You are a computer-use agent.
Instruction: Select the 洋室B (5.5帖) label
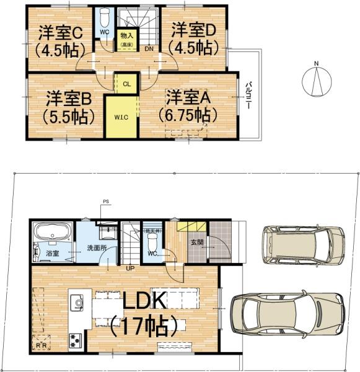(68, 106)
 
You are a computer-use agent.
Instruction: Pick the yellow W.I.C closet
(121, 117)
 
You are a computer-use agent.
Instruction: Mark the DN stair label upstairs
(149, 48)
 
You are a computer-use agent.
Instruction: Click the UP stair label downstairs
(131, 269)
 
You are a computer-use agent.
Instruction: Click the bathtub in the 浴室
(51, 233)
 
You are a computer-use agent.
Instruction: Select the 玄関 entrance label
(196, 242)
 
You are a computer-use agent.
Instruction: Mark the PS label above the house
(105, 201)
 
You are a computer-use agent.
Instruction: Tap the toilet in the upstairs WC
(103, 15)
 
